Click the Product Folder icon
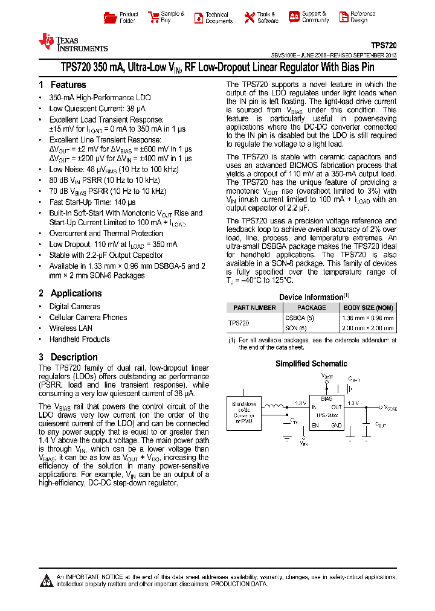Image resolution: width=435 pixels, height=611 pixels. click(x=109, y=17)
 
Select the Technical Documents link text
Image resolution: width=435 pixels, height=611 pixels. click(x=218, y=18)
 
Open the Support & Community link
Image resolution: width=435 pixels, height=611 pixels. click(x=315, y=17)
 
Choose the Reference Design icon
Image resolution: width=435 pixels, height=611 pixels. click(x=343, y=17)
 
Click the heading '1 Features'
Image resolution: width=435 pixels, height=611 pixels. click(x=62, y=85)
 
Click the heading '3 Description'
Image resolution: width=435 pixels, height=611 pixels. click(x=68, y=357)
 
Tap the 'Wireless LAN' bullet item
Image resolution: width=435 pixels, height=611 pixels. click(x=71, y=328)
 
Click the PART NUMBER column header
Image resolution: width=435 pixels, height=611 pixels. click(x=254, y=307)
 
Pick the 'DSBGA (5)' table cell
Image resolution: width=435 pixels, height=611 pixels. click(x=300, y=318)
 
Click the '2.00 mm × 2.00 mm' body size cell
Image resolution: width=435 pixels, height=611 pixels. click(x=369, y=328)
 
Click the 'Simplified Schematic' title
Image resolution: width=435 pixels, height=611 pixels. click(x=311, y=363)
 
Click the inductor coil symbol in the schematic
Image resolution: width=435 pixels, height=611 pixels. click(x=277, y=406)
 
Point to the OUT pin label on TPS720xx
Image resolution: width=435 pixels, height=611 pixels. click(x=336, y=407)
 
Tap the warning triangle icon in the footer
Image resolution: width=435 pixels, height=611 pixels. click(x=47, y=581)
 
